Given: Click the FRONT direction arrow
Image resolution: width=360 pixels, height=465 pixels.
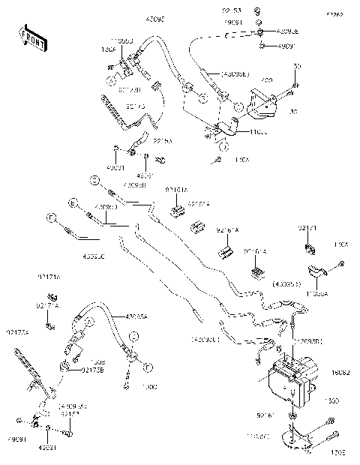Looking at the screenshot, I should point(32,38).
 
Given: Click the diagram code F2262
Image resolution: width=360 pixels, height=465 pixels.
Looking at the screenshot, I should point(332,14).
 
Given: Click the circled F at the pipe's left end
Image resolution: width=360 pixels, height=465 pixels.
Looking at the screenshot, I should point(52,218).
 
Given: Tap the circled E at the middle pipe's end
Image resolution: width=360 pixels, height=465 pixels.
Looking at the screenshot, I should point(73,202).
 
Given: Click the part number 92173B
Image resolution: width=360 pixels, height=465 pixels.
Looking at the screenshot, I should point(92,370).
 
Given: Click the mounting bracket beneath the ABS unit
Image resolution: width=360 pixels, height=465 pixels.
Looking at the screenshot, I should point(297,436).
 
